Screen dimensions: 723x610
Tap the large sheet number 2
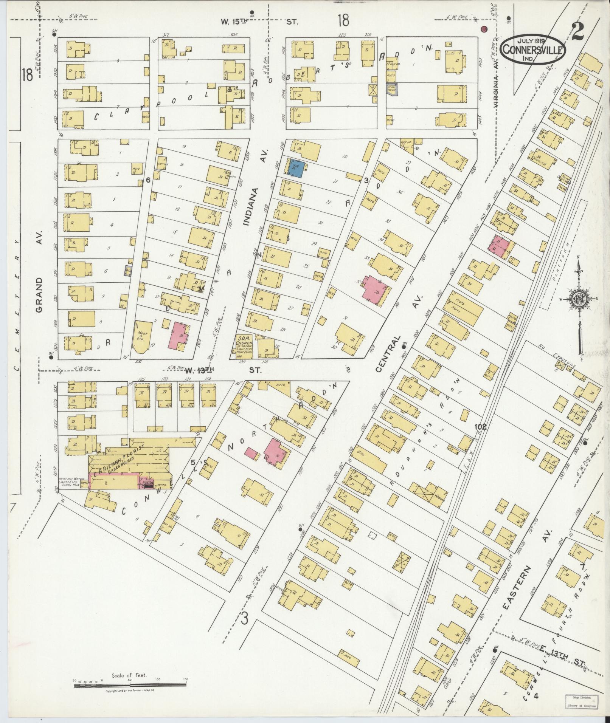tap(577, 31)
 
